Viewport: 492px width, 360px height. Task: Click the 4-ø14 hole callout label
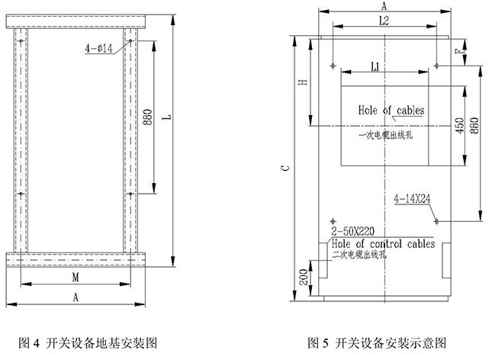tap(100, 48)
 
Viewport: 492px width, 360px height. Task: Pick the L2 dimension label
tap(384, 24)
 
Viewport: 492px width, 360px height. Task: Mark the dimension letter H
tap(303, 82)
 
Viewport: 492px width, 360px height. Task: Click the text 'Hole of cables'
tap(391, 111)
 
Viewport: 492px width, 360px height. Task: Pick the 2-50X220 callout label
tap(352, 230)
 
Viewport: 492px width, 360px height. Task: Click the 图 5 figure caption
tap(376, 342)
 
